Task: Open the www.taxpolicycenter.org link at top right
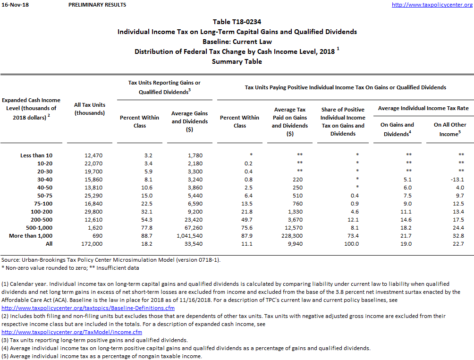(432, 5)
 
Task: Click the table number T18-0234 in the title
(237, 22)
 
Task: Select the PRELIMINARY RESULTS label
(97, 5)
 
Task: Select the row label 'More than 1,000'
(31, 236)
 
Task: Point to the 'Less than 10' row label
(37, 155)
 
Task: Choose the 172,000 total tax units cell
(90, 244)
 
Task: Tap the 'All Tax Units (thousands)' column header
(90, 109)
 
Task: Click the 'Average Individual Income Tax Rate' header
(423, 108)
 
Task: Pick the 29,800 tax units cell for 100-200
(90, 211)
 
